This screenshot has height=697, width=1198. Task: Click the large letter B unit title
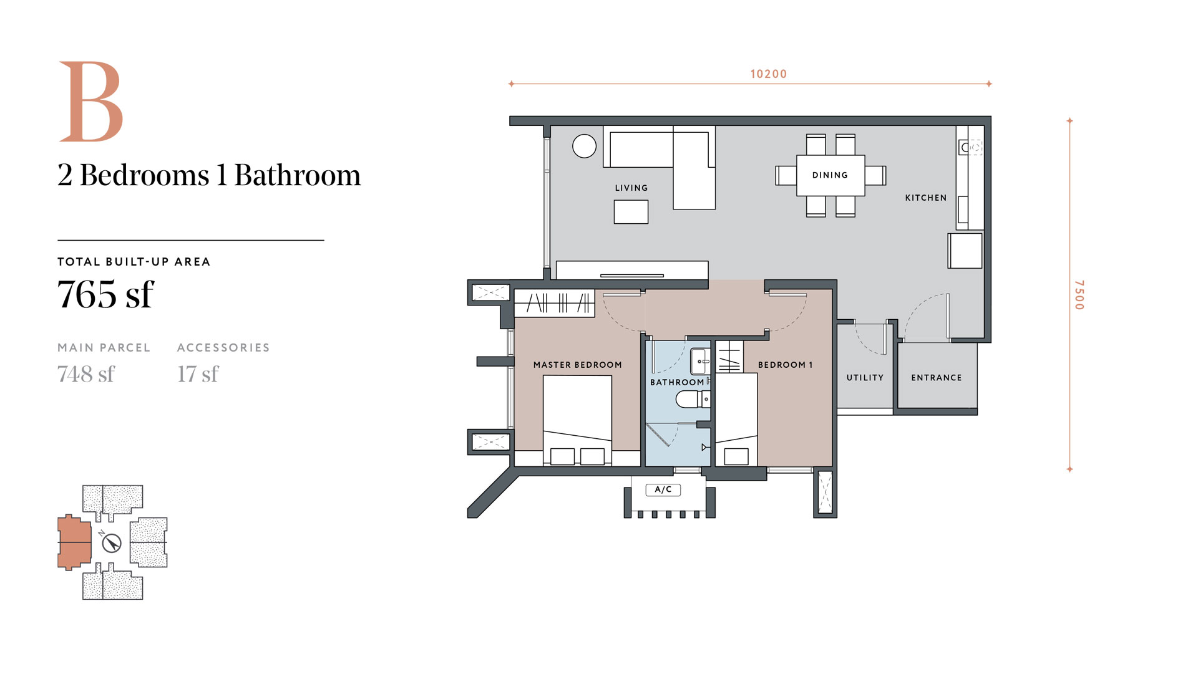(x=91, y=102)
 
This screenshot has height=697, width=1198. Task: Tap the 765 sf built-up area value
(x=105, y=294)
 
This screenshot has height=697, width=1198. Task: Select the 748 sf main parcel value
(x=86, y=374)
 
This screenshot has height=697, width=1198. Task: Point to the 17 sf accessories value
(x=198, y=374)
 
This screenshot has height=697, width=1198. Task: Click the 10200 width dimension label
(x=769, y=74)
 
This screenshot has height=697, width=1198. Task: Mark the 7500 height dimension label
(x=1079, y=295)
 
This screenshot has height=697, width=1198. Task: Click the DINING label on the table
(x=830, y=175)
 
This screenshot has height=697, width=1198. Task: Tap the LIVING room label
(x=631, y=188)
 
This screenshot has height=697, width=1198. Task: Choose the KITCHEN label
(x=926, y=198)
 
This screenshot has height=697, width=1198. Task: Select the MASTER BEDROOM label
(x=578, y=365)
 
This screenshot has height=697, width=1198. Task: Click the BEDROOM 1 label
(x=786, y=365)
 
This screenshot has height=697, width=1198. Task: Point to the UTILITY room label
(x=865, y=378)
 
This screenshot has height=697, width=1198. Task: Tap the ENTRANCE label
(x=937, y=378)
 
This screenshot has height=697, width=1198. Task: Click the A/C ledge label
(x=663, y=490)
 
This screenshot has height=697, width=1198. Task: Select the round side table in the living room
(x=585, y=147)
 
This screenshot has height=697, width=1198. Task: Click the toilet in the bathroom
(x=693, y=398)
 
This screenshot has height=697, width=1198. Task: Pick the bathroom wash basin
(x=700, y=361)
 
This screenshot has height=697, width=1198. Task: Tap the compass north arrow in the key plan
(x=112, y=543)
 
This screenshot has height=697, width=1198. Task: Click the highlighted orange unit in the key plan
(x=74, y=542)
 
